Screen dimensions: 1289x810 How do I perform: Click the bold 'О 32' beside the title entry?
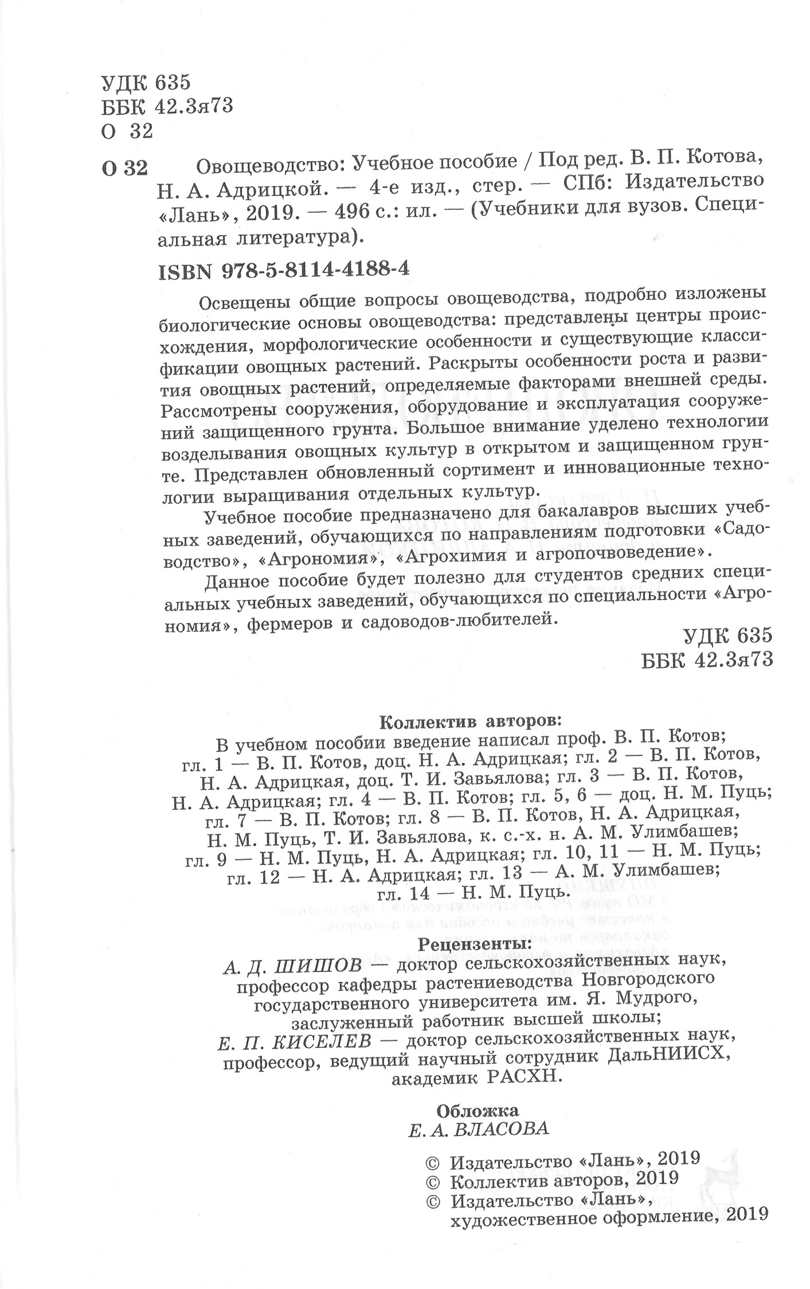tap(124, 168)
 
